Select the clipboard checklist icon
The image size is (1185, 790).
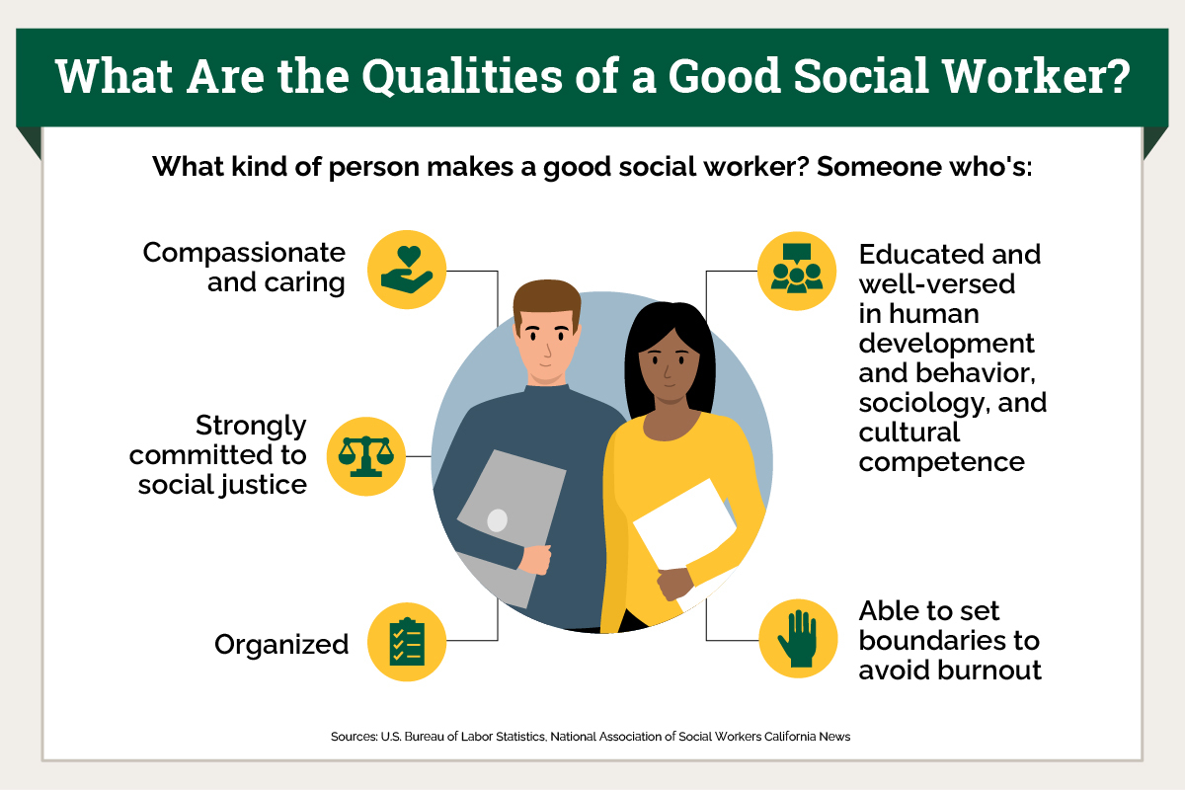[x=407, y=642]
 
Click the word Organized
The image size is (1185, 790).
[x=281, y=645]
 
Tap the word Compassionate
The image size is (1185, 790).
[x=244, y=253]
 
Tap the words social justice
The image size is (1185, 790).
[x=222, y=485]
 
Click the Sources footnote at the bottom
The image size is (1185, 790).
[x=591, y=737]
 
